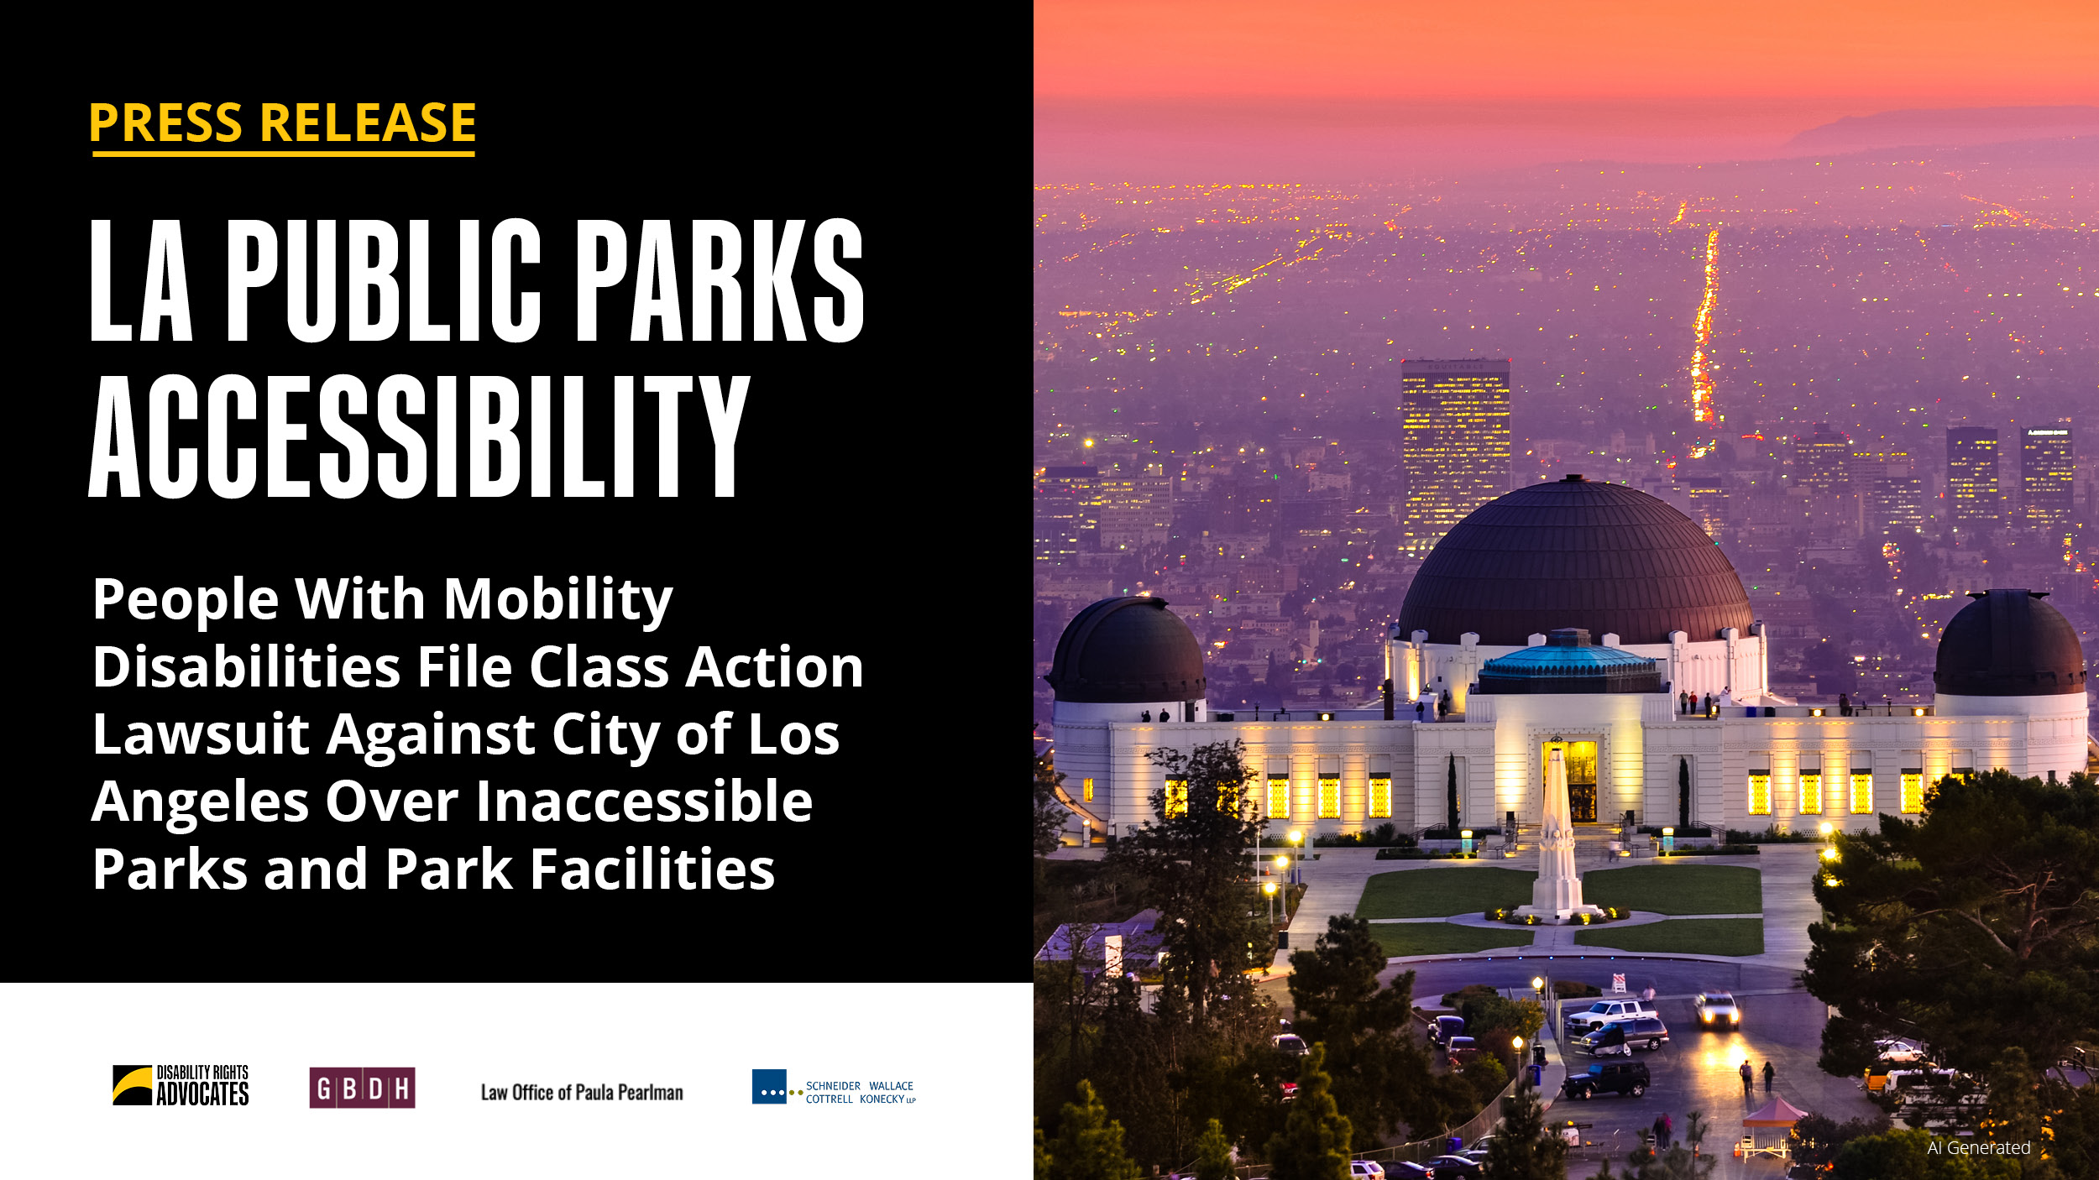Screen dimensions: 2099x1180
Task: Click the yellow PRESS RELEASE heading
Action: tap(283, 123)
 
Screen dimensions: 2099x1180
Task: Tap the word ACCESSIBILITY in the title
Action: tap(419, 436)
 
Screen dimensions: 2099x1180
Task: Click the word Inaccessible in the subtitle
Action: tap(645, 801)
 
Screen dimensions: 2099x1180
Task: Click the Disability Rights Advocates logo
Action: tap(181, 1086)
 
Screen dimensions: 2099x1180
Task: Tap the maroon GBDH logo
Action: tap(362, 1088)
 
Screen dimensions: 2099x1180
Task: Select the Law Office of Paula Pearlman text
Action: tap(582, 1092)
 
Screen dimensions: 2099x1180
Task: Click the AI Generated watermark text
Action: tap(1979, 1148)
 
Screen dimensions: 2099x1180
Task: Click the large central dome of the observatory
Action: tap(1574, 562)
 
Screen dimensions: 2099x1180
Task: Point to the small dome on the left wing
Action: tap(1128, 650)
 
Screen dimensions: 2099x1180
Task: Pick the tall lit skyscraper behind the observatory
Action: tap(1455, 453)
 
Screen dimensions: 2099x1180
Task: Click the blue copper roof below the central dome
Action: tap(1568, 661)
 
